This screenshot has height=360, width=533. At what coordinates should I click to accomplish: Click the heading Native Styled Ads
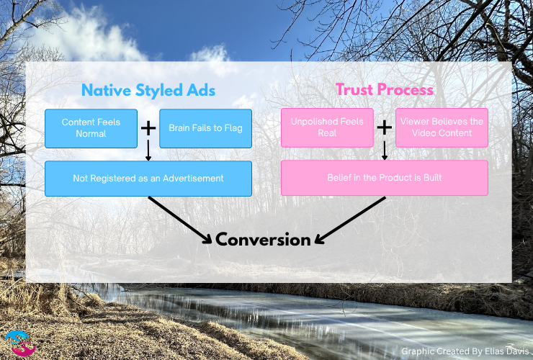[x=148, y=90]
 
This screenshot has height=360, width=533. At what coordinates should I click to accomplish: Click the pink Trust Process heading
[x=384, y=90]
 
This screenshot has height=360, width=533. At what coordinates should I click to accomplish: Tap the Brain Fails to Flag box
[x=205, y=128]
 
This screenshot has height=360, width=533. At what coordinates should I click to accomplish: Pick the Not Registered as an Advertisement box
[x=148, y=179]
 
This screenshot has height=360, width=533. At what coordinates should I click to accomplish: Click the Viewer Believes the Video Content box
[x=442, y=128]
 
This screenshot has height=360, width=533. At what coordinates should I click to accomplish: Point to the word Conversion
[x=264, y=240]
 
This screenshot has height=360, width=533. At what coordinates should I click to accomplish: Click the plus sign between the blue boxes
[x=148, y=128]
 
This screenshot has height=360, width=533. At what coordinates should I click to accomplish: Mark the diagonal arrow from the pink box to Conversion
[x=351, y=220]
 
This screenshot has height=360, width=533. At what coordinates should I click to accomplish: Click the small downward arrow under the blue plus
[x=148, y=150]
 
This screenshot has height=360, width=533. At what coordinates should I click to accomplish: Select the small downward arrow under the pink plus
[x=385, y=150]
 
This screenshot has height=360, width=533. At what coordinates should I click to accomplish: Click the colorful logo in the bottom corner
[x=19, y=343]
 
